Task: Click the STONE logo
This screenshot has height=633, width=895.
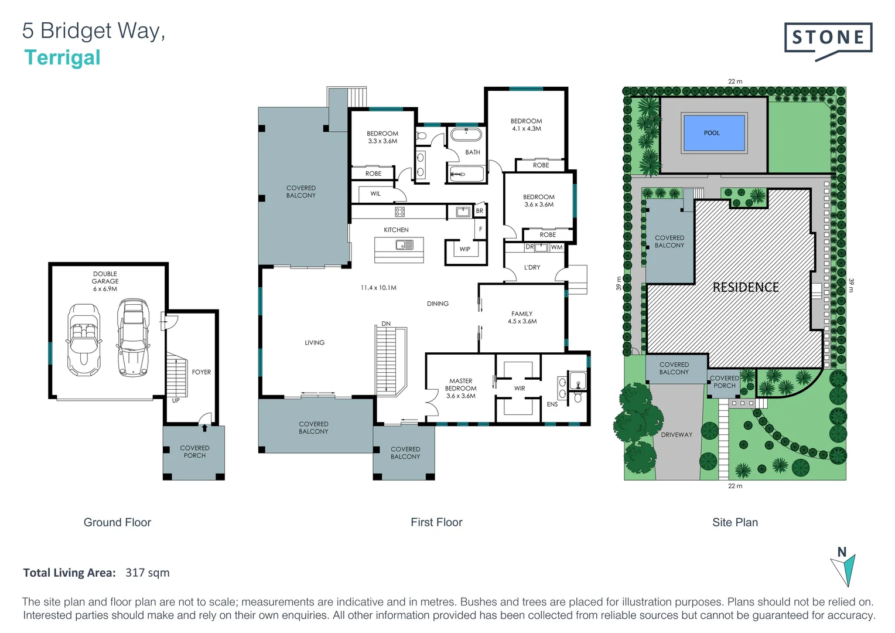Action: click(x=828, y=39)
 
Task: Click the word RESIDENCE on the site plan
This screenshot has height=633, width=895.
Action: click(x=745, y=287)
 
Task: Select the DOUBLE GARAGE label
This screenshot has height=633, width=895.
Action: click(x=105, y=281)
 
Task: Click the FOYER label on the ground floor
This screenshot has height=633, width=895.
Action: click(x=201, y=372)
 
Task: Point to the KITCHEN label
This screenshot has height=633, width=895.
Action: click(x=396, y=230)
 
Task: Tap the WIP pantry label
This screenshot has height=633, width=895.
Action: click(x=464, y=249)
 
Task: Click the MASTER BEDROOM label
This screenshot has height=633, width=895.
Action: click(x=460, y=388)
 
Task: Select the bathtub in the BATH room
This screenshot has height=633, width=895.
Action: click(x=466, y=135)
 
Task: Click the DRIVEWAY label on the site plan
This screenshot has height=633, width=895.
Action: click(x=677, y=434)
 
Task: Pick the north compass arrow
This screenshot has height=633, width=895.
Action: click(x=843, y=569)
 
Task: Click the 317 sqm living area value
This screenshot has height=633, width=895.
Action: click(x=147, y=573)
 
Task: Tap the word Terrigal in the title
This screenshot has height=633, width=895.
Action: click(x=62, y=57)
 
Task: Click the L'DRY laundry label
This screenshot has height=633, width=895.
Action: click(x=532, y=267)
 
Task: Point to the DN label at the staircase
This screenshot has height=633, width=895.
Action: click(x=385, y=324)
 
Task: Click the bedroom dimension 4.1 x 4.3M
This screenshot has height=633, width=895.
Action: click(x=526, y=128)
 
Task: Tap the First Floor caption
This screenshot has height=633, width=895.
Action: click(x=436, y=522)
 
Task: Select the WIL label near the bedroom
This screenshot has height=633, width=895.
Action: click(x=375, y=193)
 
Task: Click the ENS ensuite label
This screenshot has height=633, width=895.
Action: click(x=552, y=404)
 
